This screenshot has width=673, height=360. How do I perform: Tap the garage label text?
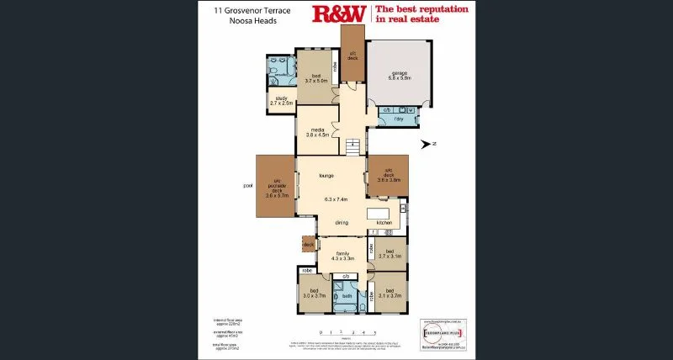pyautogui.click(x=399, y=72)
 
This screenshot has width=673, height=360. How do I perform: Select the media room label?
pyautogui.click(x=316, y=130)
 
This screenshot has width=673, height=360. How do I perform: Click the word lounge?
pyautogui.click(x=327, y=176)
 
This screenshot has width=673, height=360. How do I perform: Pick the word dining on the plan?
pyautogui.click(x=342, y=222)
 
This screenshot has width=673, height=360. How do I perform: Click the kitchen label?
pyautogui.click(x=384, y=222)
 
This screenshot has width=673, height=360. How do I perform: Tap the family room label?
pyautogui.click(x=342, y=252)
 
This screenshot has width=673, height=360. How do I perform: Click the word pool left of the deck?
pyautogui.click(x=247, y=186)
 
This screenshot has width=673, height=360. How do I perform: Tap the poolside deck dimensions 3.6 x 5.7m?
pyautogui.click(x=277, y=194)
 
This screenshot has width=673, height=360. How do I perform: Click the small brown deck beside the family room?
pyautogui.click(x=308, y=245)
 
